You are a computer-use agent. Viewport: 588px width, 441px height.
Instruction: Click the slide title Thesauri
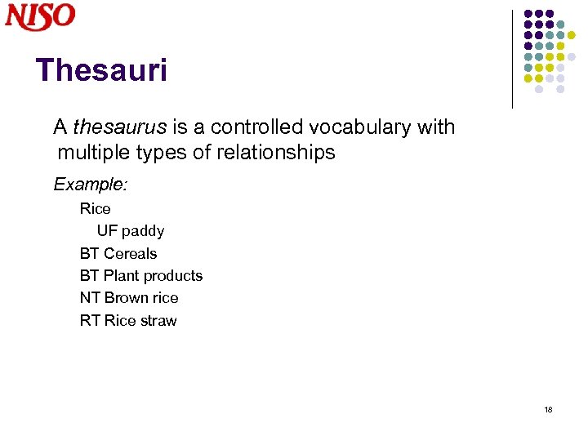pyautogui.click(x=101, y=70)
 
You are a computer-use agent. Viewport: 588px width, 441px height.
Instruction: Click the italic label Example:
pyautogui.click(x=90, y=185)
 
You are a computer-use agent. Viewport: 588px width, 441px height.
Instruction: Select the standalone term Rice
pyautogui.click(x=95, y=208)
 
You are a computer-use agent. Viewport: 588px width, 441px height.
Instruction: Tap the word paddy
pyautogui.click(x=143, y=231)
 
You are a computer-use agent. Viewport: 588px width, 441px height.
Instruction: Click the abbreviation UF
pyautogui.click(x=107, y=231)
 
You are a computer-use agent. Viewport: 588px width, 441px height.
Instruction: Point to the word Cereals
pyautogui.click(x=130, y=253)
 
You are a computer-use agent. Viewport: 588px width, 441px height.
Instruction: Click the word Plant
pyautogui.click(x=121, y=276)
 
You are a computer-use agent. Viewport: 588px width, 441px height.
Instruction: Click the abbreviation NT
pyautogui.click(x=89, y=298)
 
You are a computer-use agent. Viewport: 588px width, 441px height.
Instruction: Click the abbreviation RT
pyautogui.click(x=89, y=321)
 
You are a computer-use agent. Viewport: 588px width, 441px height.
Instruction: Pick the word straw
pyautogui.click(x=158, y=321)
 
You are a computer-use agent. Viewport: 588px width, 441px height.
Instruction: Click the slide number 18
pyautogui.click(x=548, y=409)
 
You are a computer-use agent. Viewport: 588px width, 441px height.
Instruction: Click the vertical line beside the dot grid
pyautogui.click(x=513, y=59)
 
